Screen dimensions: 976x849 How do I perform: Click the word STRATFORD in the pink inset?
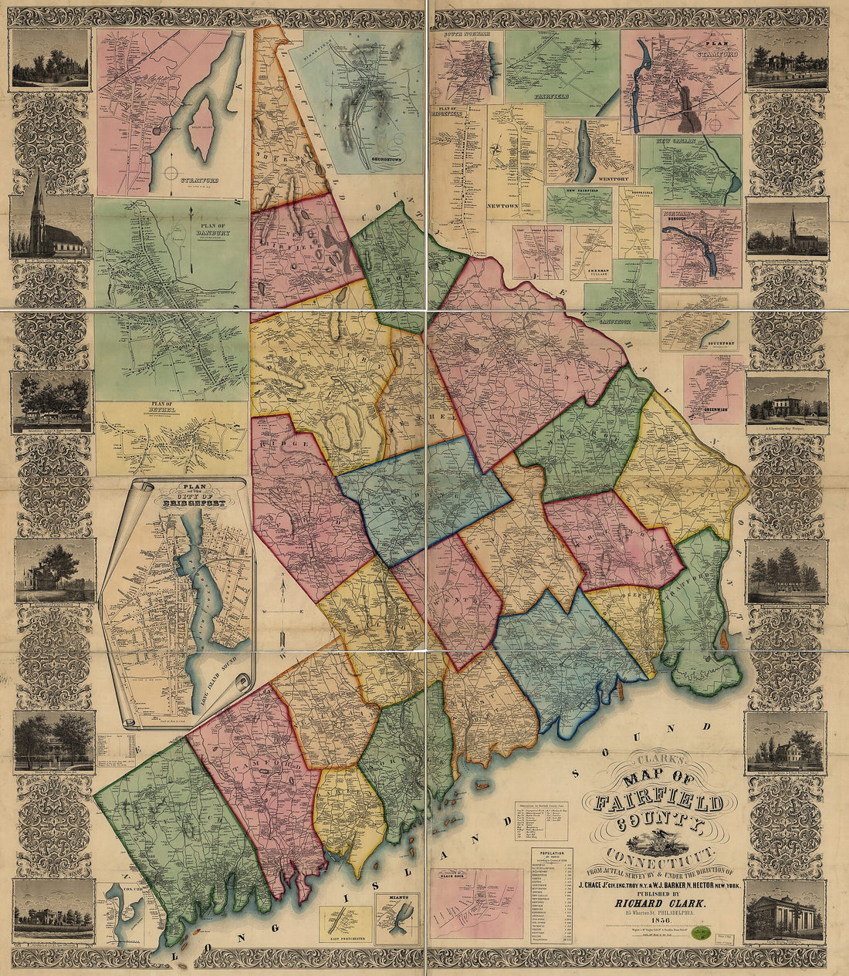199,180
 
